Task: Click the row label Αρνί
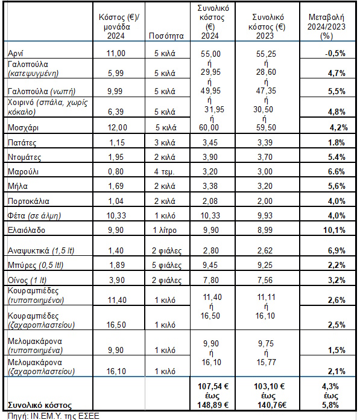pos(15,53)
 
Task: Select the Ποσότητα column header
pos(166,36)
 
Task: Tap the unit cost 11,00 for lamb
pos(116,53)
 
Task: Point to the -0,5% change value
pos(335,53)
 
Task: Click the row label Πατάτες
pos(22,142)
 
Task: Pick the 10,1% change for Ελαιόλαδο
pos(334,230)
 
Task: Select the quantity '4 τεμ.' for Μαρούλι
pos(164,172)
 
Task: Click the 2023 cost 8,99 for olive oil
pos(265,230)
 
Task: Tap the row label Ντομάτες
pos(24,157)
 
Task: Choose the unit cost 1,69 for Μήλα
pos(116,186)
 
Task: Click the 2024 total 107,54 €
pos(213,386)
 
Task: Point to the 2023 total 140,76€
pos(272,405)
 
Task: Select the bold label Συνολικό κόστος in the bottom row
pos(40,406)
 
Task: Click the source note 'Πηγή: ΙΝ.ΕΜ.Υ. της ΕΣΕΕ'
pos(54,416)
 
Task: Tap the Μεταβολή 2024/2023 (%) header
pos(326,27)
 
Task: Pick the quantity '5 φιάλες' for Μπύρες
pos(166,265)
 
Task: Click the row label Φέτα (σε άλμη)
pos(34,215)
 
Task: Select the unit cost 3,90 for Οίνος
pos(117,280)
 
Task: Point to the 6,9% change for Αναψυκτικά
pos(336,250)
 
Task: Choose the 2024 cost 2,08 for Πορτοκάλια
pos(210,201)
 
